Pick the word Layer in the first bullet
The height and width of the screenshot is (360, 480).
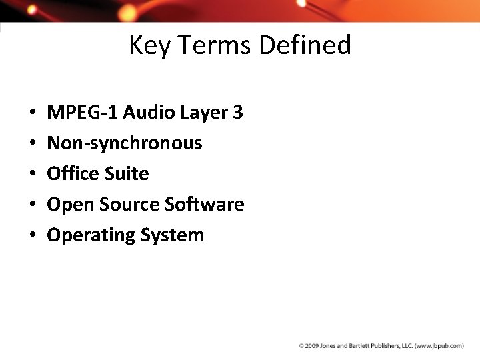[x=203, y=113]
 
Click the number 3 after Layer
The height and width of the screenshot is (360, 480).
[x=238, y=113]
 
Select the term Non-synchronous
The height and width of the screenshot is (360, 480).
[x=125, y=143]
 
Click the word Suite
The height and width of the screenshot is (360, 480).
[x=126, y=174]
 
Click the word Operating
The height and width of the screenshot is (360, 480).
[x=91, y=235]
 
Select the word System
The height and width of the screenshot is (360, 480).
[x=172, y=235]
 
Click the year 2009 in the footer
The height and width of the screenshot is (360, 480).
[x=312, y=346]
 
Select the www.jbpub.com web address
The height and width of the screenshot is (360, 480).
[x=439, y=346]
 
